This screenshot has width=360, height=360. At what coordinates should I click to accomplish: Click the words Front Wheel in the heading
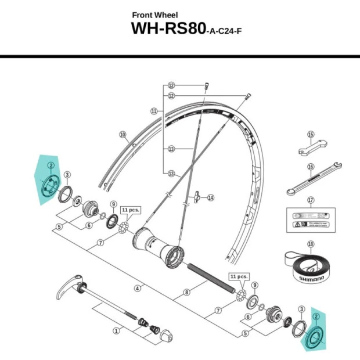pyautogui.click(x=155, y=15)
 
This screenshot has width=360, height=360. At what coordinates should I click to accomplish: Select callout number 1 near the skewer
pyautogui.click(x=116, y=331)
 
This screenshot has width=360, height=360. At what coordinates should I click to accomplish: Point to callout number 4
pyautogui.click(x=138, y=288)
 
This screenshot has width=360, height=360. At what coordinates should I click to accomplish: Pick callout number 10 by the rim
pyautogui.click(x=123, y=135)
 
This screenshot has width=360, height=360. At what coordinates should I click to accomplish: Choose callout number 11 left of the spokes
pyautogui.click(x=154, y=110)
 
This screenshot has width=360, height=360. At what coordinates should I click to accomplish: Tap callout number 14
pyautogui.click(x=210, y=197)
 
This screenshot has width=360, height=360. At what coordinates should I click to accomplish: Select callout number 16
pyautogui.click(x=311, y=167)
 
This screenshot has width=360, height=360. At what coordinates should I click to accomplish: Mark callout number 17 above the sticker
pyautogui.click(x=311, y=200)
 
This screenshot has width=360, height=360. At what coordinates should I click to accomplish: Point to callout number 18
pyautogui.click(x=311, y=244)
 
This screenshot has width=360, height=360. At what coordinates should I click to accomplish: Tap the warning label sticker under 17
pyautogui.click(x=311, y=222)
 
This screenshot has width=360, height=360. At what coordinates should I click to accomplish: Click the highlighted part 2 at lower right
pyautogui.click(x=315, y=336)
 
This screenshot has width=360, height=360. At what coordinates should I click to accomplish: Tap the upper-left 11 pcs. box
pyautogui.click(x=128, y=210)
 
